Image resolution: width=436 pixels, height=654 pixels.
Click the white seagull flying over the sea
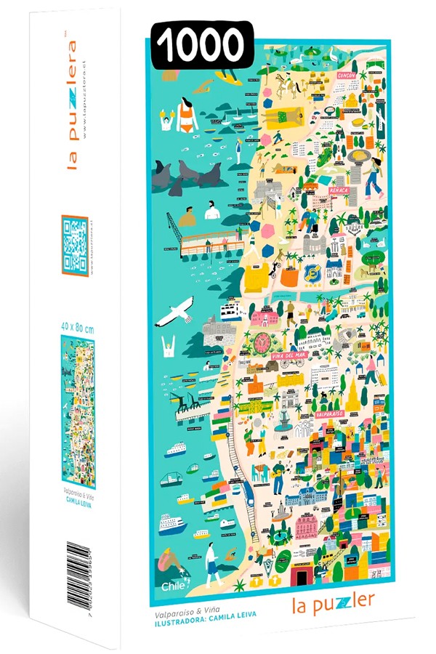pos(175,313)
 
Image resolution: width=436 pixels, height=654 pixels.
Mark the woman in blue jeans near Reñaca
pos(374,179)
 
